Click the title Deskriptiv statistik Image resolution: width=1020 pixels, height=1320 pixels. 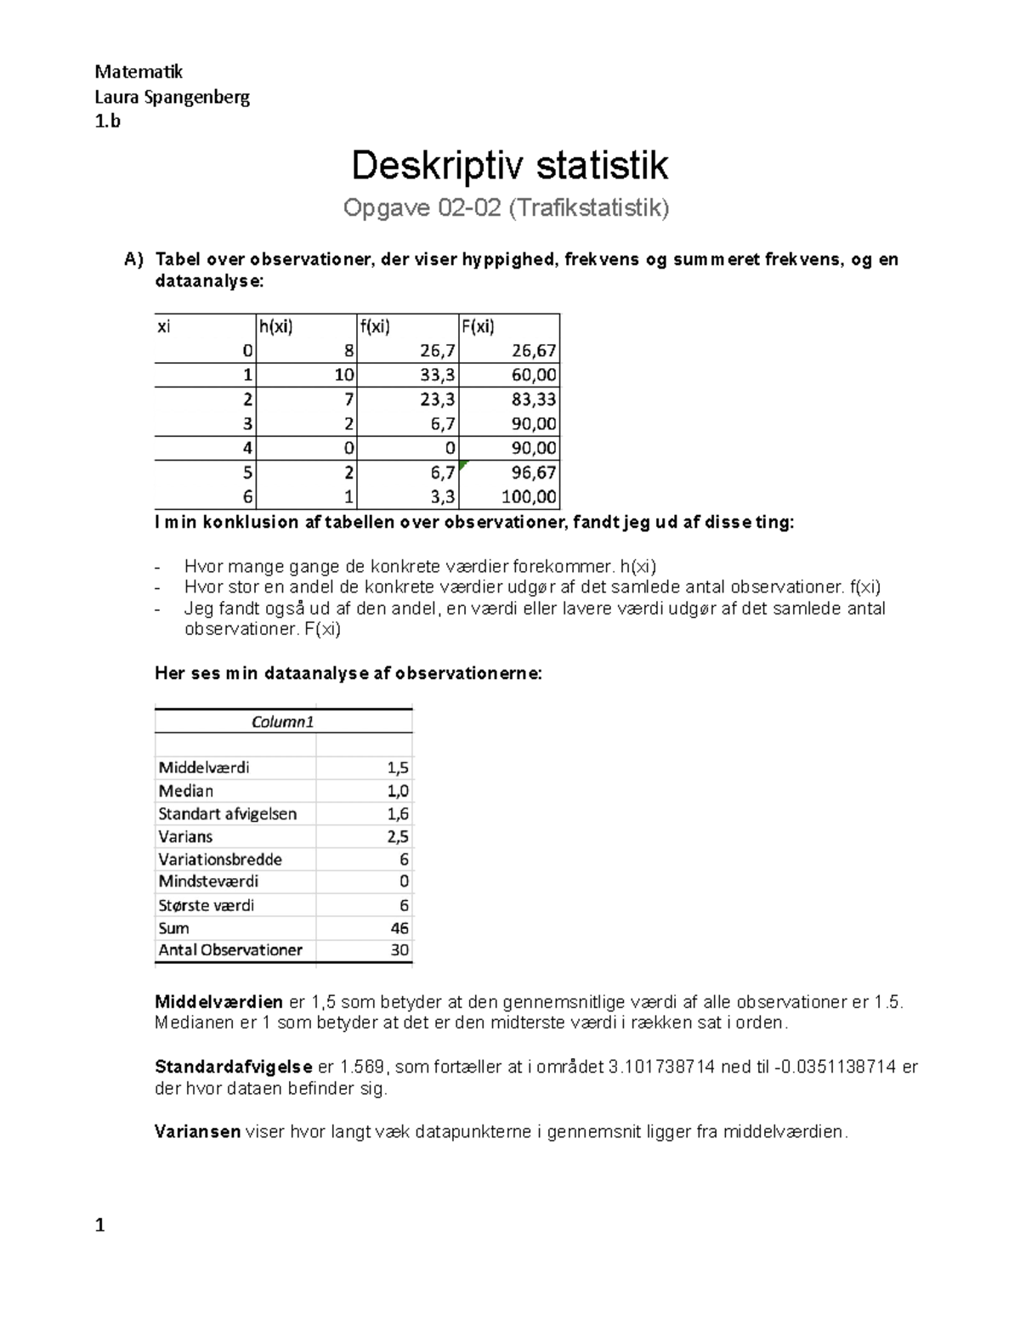[510, 166]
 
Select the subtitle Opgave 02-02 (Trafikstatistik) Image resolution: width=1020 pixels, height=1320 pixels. [506, 208]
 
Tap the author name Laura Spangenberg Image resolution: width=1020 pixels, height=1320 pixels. [173, 96]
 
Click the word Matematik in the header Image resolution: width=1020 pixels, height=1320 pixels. [139, 71]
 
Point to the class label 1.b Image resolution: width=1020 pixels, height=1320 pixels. [108, 121]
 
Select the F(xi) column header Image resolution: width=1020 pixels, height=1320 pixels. [478, 326]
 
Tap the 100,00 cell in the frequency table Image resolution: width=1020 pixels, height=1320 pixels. [530, 497]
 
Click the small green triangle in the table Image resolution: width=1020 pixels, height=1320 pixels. [463, 465]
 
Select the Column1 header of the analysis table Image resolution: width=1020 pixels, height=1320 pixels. [283, 722]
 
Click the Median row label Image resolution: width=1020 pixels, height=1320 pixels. [186, 790]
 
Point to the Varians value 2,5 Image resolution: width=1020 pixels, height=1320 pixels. [398, 836]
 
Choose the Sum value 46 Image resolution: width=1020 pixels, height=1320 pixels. [399, 928]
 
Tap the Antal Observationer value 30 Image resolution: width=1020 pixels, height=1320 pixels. [399, 950]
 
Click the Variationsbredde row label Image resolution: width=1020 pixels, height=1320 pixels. [220, 859]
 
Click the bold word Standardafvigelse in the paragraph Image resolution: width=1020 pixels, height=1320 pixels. [234, 1068]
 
